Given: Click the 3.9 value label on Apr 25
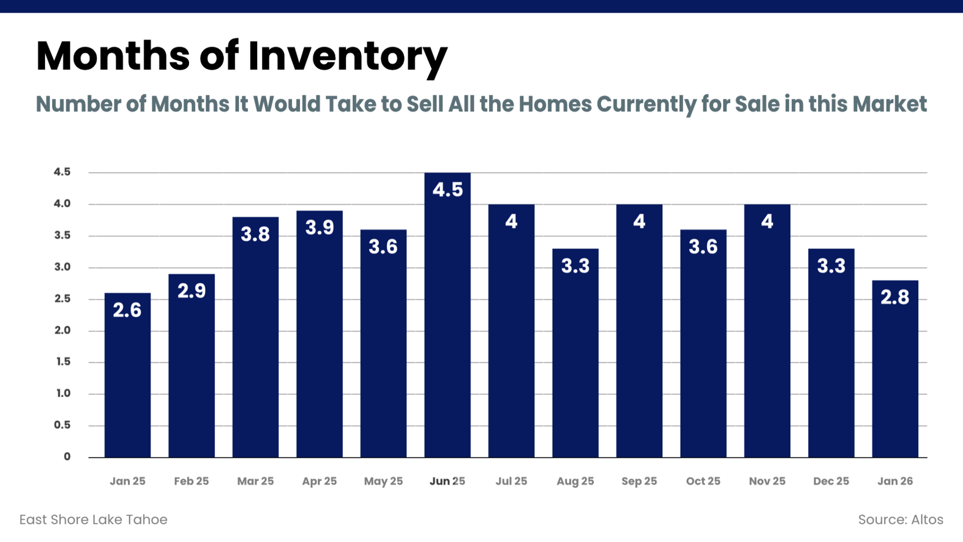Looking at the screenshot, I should pos(319,228).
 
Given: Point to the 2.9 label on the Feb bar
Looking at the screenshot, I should pos(192,291).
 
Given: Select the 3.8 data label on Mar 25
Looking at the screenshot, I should pos(255,234).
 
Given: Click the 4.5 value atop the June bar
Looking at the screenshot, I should pos(447,190).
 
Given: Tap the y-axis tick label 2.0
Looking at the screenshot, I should pos(63,330).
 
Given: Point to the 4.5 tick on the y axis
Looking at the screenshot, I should pos(63,172).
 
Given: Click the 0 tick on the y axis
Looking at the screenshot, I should pos(67,457).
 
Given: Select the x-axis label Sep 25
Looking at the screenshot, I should pos(639,481).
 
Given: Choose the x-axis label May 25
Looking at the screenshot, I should pos(383,481).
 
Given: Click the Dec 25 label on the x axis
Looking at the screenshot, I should pos(831,481).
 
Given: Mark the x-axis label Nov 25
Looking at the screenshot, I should pos(767,481).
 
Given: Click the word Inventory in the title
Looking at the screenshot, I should pos(348,56).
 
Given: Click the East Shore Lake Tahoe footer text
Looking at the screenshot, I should pos(93,520).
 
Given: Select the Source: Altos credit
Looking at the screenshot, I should pos(900,520).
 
